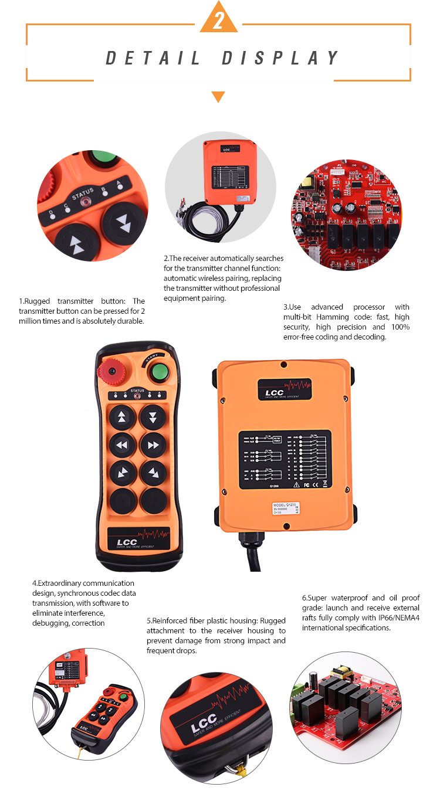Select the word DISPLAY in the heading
tap(281, 58)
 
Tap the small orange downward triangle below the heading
tap(218, 96)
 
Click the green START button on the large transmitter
tap(157, 372)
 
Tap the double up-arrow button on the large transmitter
tap(121, 417)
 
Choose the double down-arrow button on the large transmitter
tap(153, 417)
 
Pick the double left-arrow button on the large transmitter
tap(121, 446)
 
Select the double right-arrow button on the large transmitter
tap(153, 446)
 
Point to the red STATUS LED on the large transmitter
tap(137, 396)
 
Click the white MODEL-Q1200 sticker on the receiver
tap(286, 508)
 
